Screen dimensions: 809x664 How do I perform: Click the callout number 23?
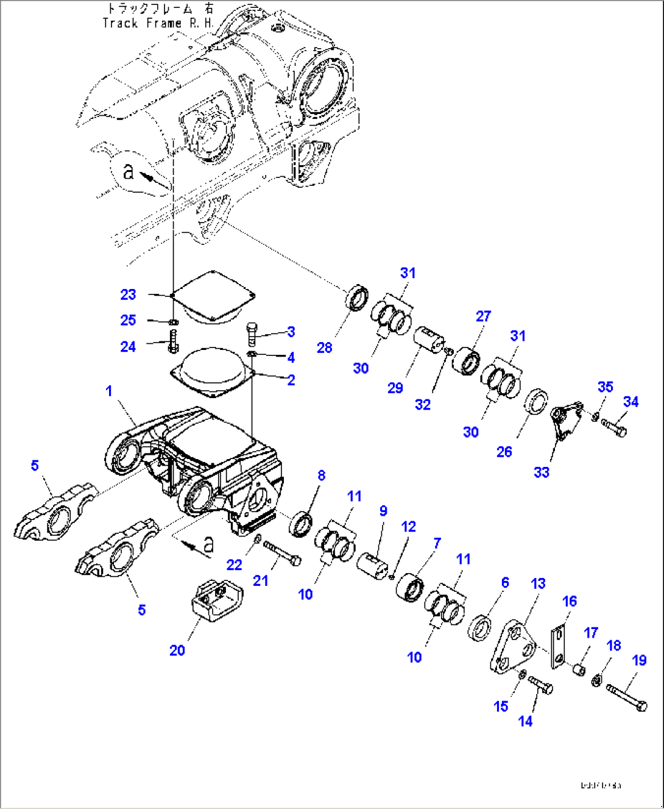click(128, 294)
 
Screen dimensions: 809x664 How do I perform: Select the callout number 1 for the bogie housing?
click(109, 391)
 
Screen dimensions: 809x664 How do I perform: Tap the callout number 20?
click(177, 650)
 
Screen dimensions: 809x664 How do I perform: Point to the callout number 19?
click(639, 660)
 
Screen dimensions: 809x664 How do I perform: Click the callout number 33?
click(542, 472)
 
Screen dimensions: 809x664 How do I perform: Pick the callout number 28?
click(325, 347)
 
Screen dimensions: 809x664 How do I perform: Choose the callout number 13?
click(539, 583)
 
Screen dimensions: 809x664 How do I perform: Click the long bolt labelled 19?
click(627, 697)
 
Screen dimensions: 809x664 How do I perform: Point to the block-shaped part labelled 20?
click(217, 600)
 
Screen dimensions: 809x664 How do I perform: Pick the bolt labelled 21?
click(281, 553)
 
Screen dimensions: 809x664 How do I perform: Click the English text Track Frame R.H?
click(158, 23)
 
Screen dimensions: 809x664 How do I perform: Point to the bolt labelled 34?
click(613, 427)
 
